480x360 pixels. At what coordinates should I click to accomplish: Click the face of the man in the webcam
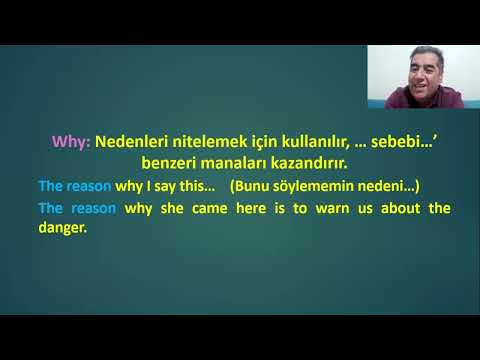point(413,78)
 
